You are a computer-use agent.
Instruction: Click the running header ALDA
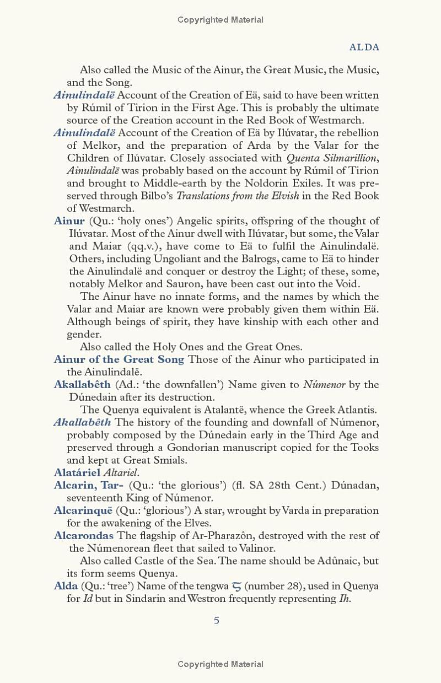coord(364,47)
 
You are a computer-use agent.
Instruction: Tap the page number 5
coord(217,621)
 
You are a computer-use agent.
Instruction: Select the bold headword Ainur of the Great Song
coord(119,359)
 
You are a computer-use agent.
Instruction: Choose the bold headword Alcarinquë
coord(83,510)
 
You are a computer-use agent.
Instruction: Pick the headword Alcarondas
coord(84,536)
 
